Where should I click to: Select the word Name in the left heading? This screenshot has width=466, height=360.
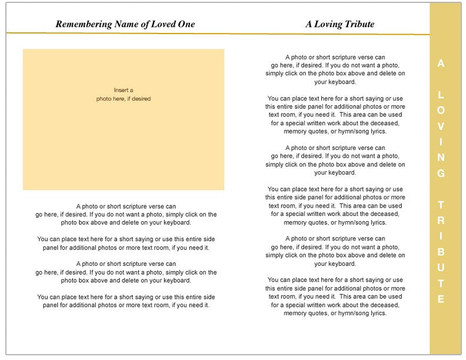point(123,24)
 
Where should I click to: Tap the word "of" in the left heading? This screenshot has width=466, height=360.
point(143,24)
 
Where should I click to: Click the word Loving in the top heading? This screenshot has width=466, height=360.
point(331,24)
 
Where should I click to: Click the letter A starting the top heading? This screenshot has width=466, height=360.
point(309,24)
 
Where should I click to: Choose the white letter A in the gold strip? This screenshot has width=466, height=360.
point(441,64)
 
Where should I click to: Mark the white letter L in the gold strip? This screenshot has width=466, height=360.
point(441,95)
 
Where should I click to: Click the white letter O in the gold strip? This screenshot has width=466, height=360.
point(441,110)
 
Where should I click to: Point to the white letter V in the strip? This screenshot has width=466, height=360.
point(441,126)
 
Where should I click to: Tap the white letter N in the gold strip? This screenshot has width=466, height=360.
point(441,157)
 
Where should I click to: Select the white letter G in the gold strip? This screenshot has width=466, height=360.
point(441,174)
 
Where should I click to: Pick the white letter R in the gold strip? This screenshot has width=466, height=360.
point(441,221)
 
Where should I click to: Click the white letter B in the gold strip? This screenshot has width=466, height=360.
point(441,252)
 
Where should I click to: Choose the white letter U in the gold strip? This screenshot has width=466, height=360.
point(441,268)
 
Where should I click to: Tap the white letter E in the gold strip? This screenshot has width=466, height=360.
point(441,299)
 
